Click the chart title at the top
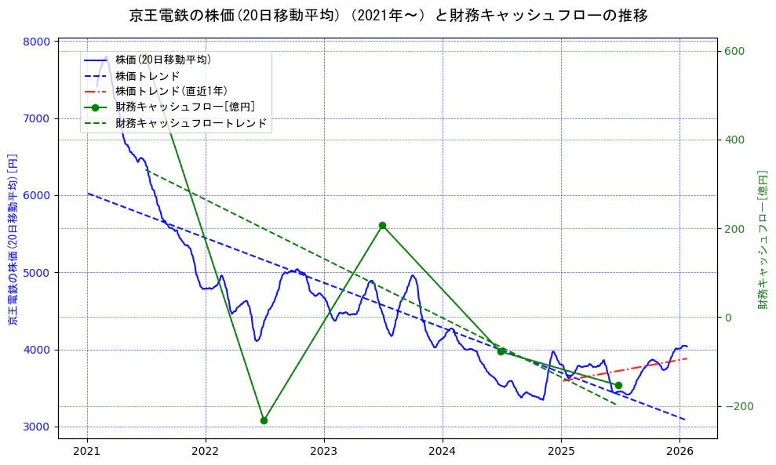(x=388, y=15)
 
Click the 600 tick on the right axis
(x=733, y=52)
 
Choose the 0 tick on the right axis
(x=727, y=318)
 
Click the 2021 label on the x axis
(x=87, y=451)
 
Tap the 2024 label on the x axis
(x=443, y=451)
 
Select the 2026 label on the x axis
(x=679, y=451)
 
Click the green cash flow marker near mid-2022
(x=264, y=420)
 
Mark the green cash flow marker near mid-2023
(x=382, y=226)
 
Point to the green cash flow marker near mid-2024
(x=501, y=351)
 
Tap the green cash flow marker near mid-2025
(x=618, y=385)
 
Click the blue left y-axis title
(x=13, y=239)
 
